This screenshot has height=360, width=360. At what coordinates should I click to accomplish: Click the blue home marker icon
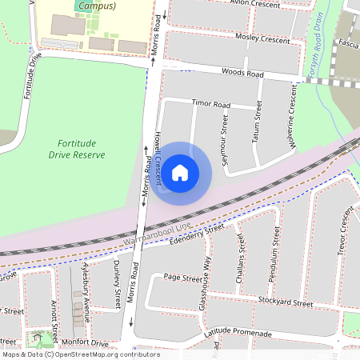(180, 172)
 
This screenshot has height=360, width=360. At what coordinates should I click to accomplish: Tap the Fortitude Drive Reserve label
(76, 148)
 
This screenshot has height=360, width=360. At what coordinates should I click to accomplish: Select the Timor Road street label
(211, 105)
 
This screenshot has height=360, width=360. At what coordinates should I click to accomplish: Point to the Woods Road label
(245, 74)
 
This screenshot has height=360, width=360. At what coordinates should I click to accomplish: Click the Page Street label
(182, 278)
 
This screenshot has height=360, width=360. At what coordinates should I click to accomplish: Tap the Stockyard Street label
(286, 303)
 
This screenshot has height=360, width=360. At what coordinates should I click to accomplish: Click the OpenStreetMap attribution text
(80, 354)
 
